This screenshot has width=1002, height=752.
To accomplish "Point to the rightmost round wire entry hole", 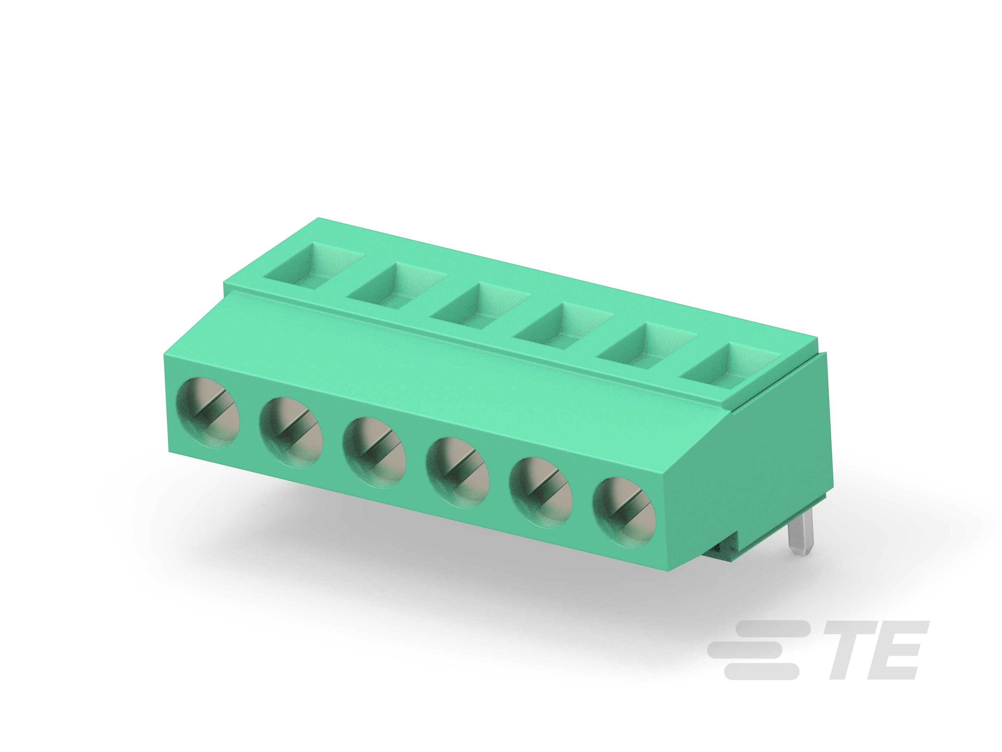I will click(624, 513).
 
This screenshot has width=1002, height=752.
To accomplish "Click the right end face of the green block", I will click(779, 453).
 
